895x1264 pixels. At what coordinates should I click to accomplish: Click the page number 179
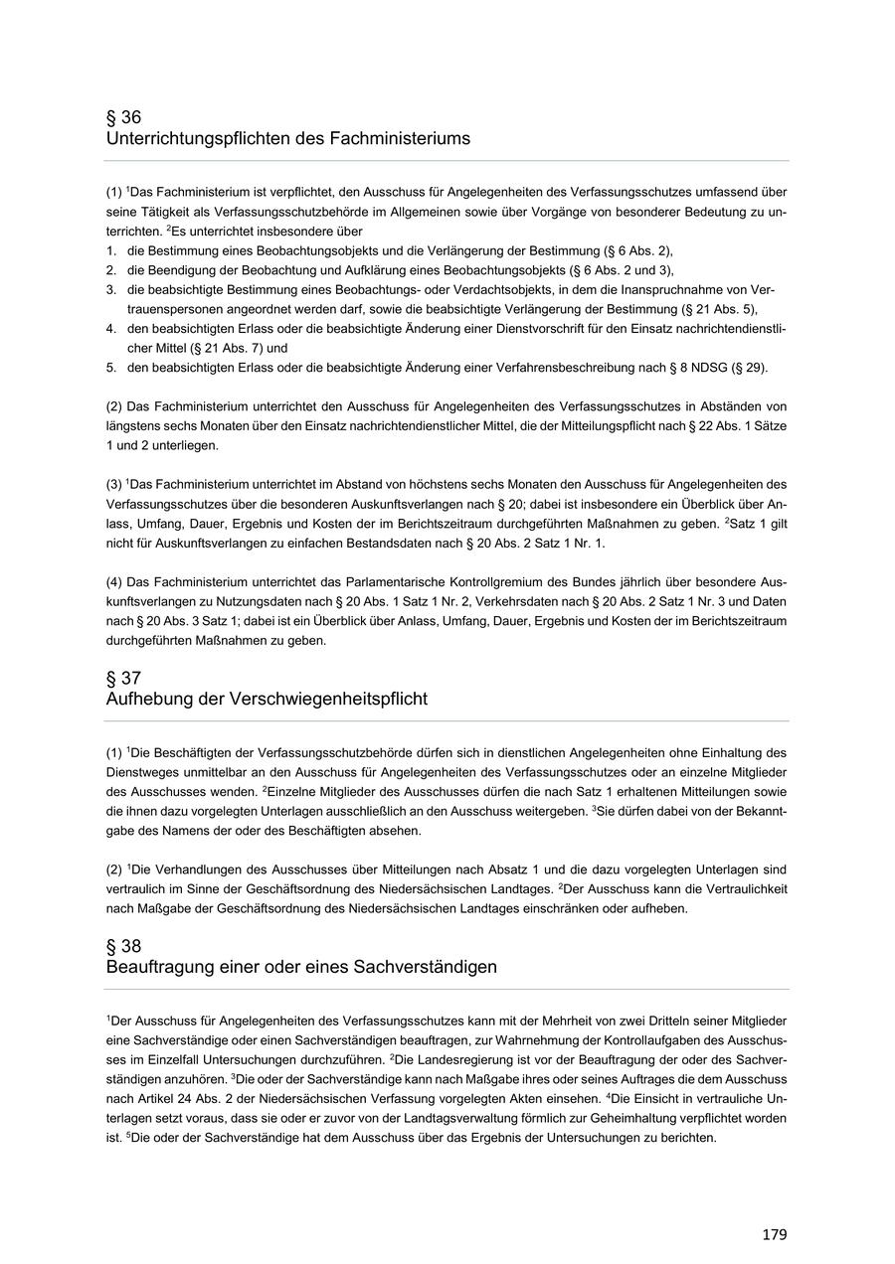pos(775,1234)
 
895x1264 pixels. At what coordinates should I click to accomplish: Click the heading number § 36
pos(124,117)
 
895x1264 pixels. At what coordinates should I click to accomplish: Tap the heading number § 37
pos(124,678)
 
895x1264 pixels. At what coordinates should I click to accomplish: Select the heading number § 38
pos(124,946)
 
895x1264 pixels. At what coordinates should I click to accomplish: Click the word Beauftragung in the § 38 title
pos(154,967)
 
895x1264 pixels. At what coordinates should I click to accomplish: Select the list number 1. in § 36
pos(112,250)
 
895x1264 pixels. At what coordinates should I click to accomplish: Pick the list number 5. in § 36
pos(112,368)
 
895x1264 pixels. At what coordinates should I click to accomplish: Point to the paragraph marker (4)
pos(114,581)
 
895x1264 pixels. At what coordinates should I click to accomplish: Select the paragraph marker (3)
pos(114,484)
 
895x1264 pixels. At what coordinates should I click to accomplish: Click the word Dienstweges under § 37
pos(139,773)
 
